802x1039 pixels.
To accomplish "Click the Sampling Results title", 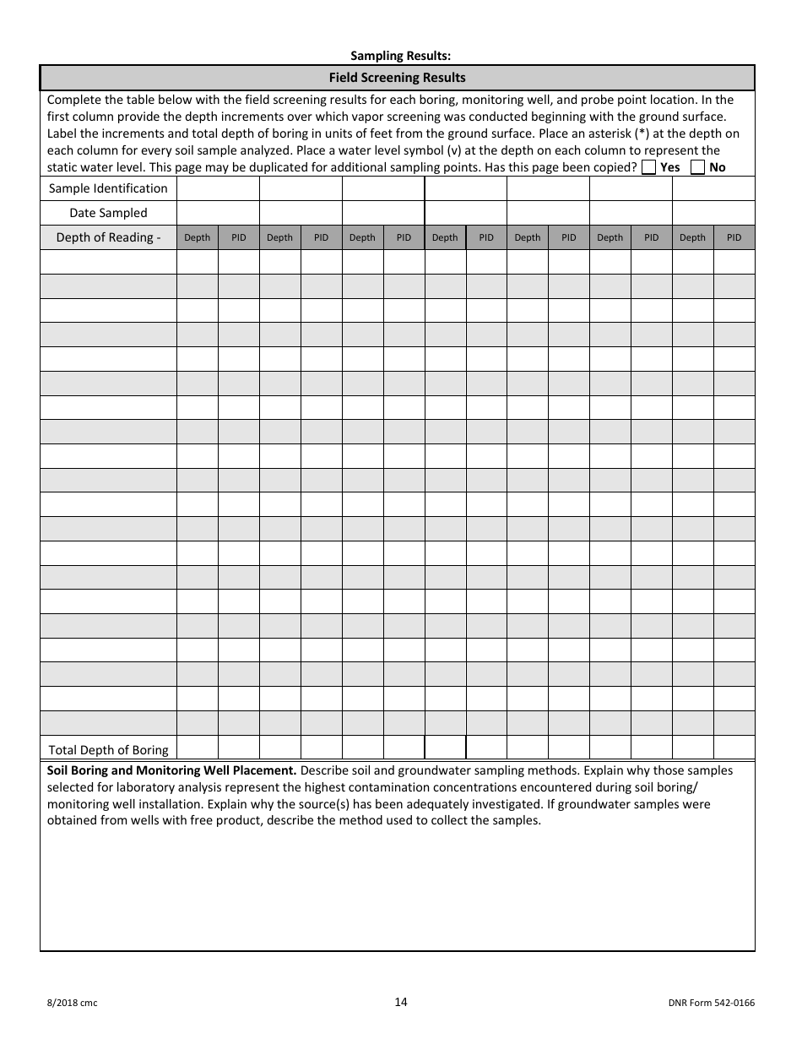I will point(401,56).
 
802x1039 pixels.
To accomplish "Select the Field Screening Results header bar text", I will point(397,78).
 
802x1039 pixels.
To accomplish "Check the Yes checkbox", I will point(648,167).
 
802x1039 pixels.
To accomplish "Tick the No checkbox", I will point(697,167).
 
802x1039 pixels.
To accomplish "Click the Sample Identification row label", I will point(108,188).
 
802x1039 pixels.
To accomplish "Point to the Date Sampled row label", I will point(108,213).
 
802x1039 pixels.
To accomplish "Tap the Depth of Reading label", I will point(108,237).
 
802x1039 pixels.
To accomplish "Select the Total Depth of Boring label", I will point(108,749).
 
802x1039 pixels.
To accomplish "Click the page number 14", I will point(400,1002).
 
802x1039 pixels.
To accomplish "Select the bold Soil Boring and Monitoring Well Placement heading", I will point(171,770).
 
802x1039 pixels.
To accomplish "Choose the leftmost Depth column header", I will point(197,237).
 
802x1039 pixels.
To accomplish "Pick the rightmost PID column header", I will point(734,237).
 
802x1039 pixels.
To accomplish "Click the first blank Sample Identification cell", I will point(218,188).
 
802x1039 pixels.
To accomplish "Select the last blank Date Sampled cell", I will point(713,213).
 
